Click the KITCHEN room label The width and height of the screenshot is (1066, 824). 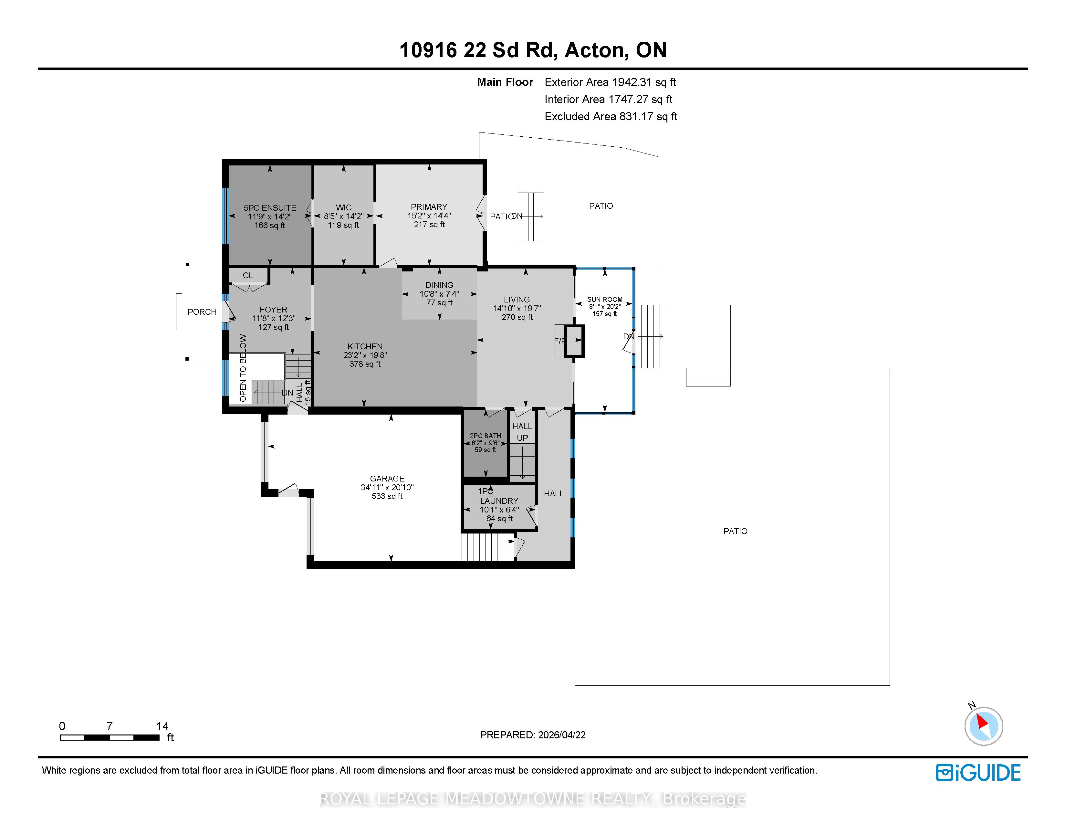coord(365,346)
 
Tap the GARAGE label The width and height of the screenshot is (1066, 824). coord(387,478)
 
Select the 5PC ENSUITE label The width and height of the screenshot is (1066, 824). coord(270,207)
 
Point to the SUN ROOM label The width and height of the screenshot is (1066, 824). coord(605,299)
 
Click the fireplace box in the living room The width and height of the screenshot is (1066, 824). coord(574,340)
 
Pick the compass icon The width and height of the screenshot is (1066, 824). coord(984,725)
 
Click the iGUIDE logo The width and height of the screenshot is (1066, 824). coord(978,773)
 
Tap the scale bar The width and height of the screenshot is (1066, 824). coord(110,737)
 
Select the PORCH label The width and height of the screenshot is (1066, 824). coord(202,312)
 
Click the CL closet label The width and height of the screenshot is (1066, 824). coord(248,275)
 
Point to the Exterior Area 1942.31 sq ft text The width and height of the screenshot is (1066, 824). coord(610,82)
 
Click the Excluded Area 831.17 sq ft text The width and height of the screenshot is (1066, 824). coord(611,116)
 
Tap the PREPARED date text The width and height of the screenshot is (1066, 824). coord(533,735)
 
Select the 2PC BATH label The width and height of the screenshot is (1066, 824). coord(486,436)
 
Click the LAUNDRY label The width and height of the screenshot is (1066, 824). coord(499,501)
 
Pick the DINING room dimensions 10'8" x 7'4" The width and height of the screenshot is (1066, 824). coord(439,293)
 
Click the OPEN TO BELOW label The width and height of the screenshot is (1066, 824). coord(243,368)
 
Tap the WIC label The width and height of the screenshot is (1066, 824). coord(344,207)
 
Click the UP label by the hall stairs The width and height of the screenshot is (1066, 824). coord(522,438)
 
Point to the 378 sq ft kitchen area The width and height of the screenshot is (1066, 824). coord(365,364)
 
